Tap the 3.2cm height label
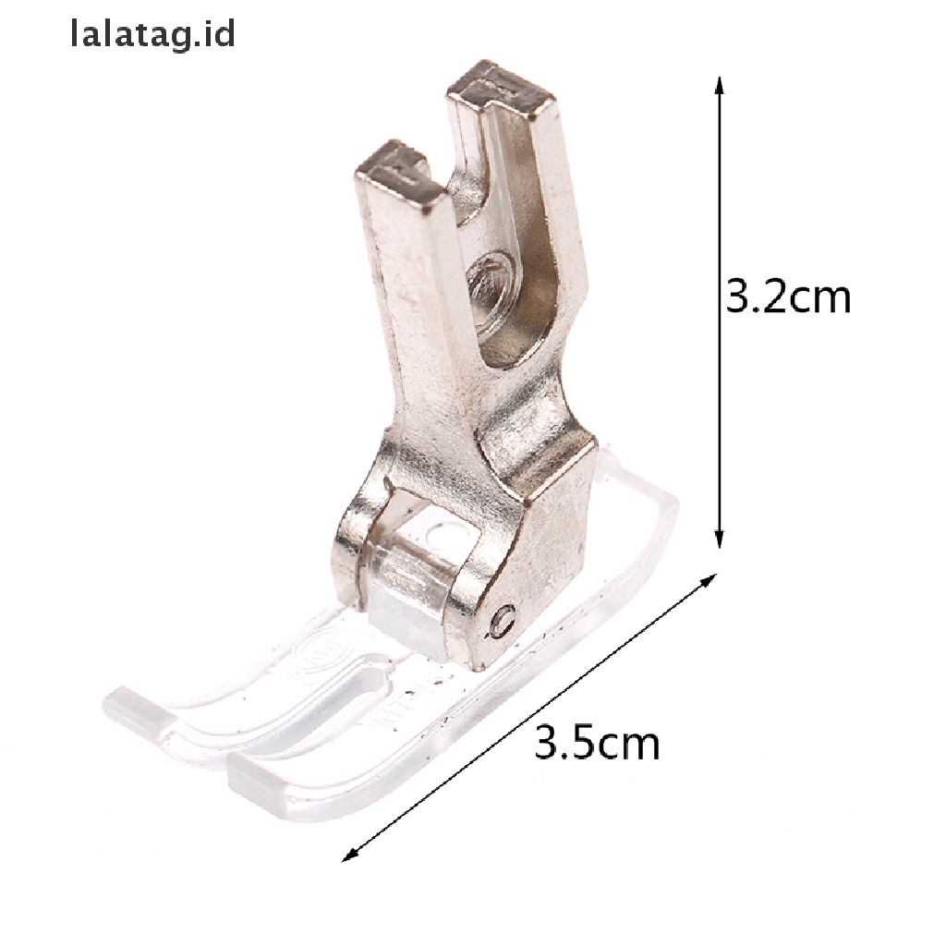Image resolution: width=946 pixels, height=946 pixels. click(788, 297)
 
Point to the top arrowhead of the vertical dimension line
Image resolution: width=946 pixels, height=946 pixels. click(718, 85)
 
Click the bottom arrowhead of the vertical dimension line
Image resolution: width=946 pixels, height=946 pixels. click(718, 540)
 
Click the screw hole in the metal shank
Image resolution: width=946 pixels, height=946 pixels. click(491, 282)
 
